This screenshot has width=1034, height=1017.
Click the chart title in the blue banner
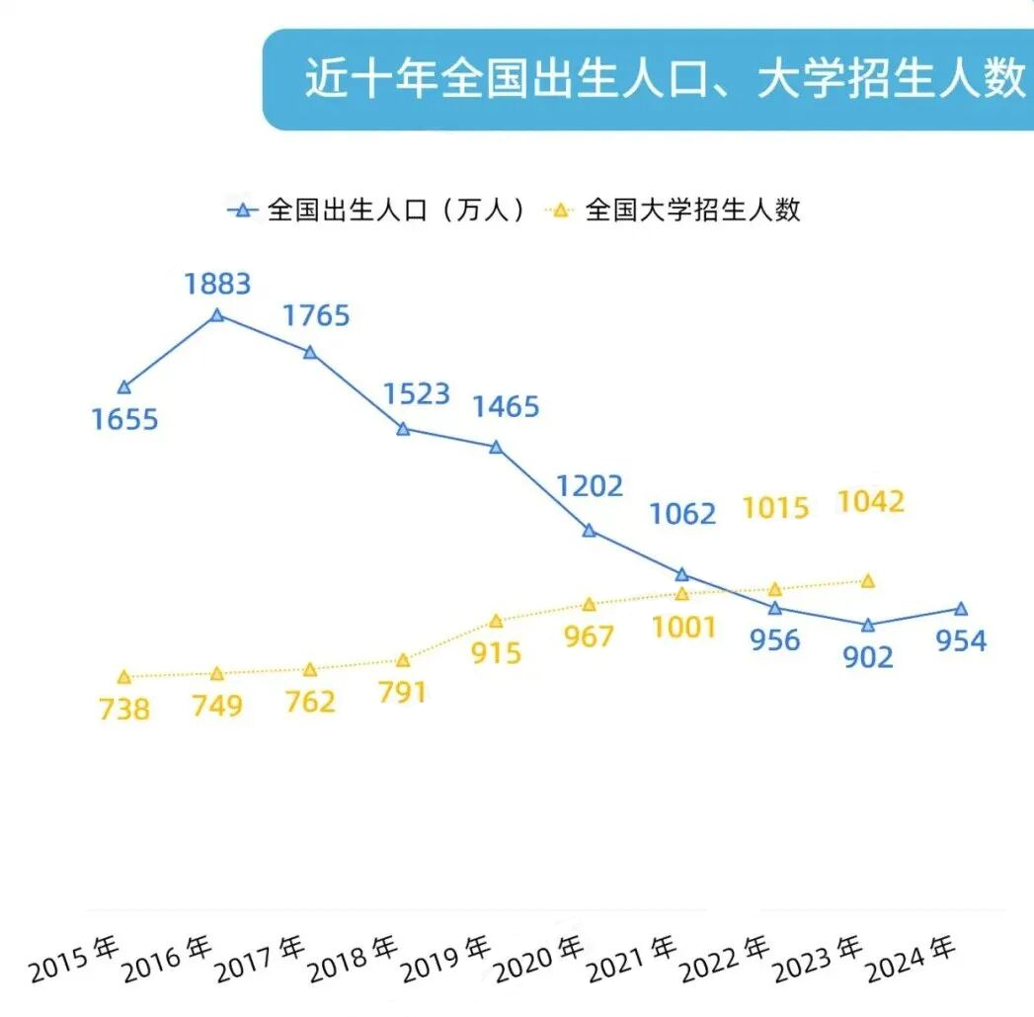tap(664, 80)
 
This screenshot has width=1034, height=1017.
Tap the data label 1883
tap(217, 285)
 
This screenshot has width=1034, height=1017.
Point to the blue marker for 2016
tap(217, 315)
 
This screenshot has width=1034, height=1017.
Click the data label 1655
tap(124, 419)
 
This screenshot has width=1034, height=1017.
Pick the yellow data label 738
tap(124, 709)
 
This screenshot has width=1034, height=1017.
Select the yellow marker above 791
tap(403, 660)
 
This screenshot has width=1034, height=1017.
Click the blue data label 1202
tap(589, 486)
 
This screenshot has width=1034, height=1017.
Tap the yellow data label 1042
tap(870, 502)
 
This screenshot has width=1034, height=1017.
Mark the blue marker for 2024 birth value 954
tap(961, 609)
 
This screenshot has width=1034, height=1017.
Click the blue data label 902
tap(868, 657)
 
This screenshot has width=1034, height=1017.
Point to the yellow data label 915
tap(496, 653)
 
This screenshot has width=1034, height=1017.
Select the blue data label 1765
tap(316, 316)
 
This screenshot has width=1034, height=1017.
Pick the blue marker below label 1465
tap(496, 447)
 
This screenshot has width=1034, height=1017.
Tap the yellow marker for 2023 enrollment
tap(868, 581)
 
